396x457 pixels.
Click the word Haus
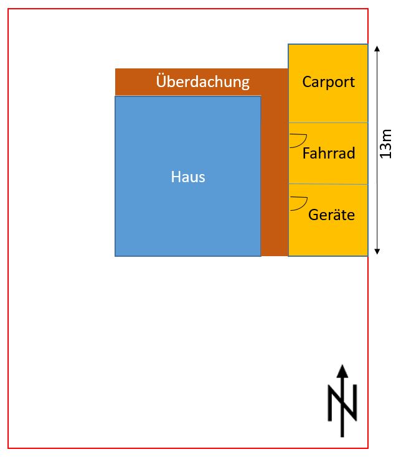pos(188,177)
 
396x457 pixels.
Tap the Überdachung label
pos(203,81)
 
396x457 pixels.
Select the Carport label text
pos(328,82)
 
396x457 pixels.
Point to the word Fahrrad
pos(329,153)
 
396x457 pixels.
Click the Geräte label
pos(331,215)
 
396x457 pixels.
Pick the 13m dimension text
pos(385,144)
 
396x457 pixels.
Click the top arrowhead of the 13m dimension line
pos(377,48)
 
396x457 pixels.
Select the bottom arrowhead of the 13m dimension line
pos(377,252)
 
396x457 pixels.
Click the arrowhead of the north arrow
pos(342,371)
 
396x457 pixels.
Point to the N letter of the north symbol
pos(342,403)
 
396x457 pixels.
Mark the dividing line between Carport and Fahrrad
pos(328,122)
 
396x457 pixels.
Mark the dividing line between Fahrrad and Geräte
pos(328,184)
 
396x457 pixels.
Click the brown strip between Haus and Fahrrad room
pos(275,176)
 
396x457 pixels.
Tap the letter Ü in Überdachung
pos(161,81)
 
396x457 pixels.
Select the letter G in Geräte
pos(313,215)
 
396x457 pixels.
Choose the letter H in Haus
pos(176,177)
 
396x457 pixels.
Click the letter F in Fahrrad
pos(306,154)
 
